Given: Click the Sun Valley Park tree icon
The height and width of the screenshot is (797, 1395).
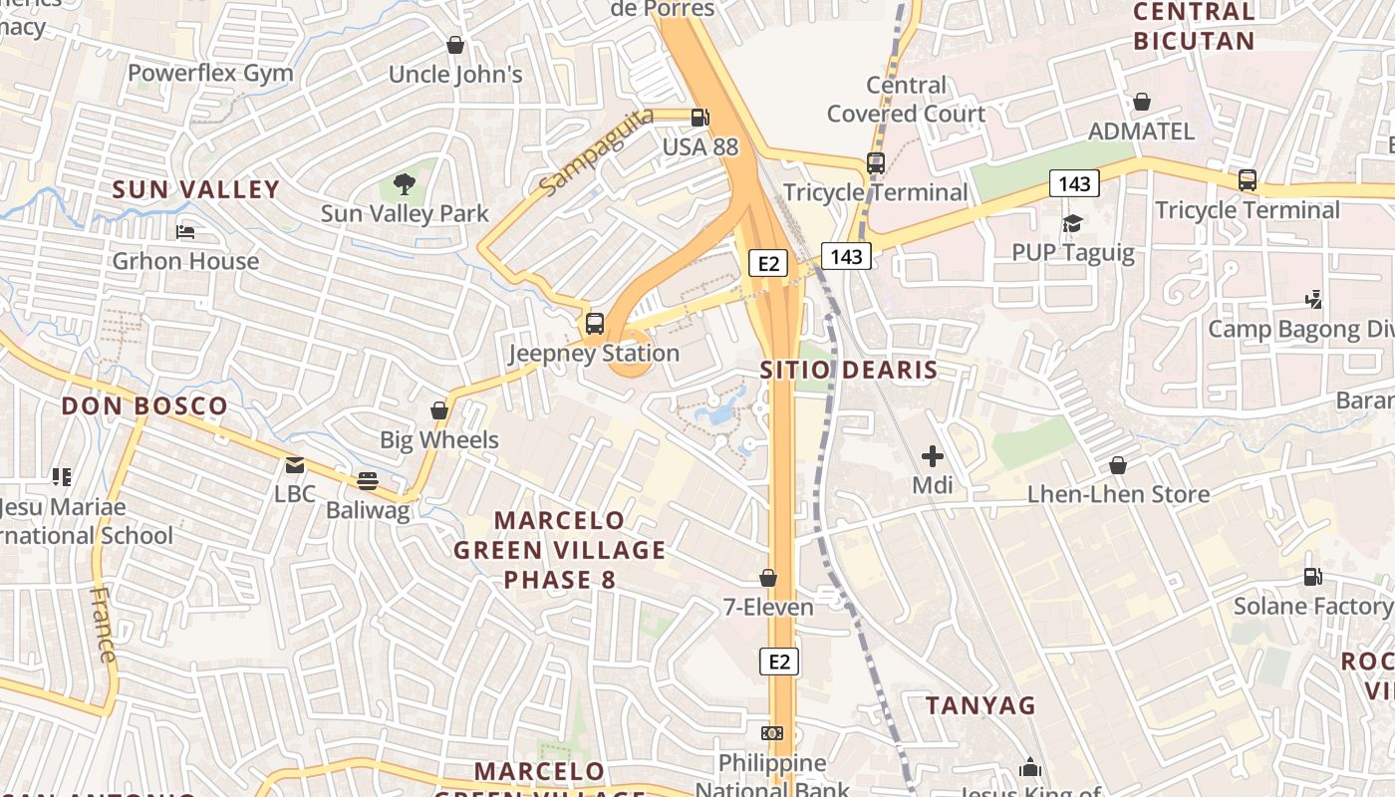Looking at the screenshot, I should (x=404, y=183).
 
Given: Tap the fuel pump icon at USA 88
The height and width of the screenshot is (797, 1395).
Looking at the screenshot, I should (x=700, y=117).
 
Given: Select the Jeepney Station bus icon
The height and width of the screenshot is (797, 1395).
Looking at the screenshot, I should (x=595, y=323).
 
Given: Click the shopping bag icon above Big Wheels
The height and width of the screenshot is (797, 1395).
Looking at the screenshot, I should (x=439, y=410).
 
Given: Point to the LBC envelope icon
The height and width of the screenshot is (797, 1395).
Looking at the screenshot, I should (x=295, y=465).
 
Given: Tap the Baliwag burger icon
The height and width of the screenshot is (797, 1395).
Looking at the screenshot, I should (x=368, y=481).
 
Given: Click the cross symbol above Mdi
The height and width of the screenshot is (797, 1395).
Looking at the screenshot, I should (x=933, y=456).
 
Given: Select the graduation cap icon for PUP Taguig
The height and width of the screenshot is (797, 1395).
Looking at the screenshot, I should (x=1072, y=223).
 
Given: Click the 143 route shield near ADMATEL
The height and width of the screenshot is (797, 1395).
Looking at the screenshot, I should (x=1074, y=183).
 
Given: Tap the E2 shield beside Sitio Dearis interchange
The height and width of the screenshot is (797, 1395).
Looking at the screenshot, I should (x=768, y=263).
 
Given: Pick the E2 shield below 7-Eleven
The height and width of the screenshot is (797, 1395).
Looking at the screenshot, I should (x=779, y=661).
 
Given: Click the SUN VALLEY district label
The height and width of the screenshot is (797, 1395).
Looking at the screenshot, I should (x=195, y=189).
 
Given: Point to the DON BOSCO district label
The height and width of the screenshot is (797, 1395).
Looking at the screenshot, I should (x=144, y=405).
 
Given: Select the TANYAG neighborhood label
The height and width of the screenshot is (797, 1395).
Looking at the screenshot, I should (x=980, y=705).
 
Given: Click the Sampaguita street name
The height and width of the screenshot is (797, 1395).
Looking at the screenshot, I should (x=596, y=150).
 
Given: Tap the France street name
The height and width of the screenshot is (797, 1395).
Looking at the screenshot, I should (x=103, y=625).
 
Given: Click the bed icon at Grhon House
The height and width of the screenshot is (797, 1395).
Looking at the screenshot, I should (x=185, y=232).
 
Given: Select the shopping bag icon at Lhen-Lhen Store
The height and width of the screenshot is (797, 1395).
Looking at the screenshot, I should (x=1118, y=465).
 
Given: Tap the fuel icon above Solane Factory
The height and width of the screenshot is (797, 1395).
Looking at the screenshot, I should (x=1313, y=576).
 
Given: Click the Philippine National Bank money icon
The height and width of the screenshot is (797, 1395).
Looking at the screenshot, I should (x=772, y=733).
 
